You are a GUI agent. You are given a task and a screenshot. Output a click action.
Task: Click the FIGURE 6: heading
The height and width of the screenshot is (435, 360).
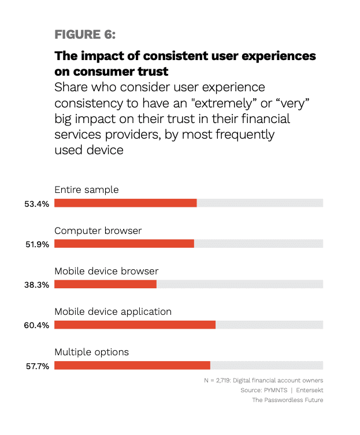85,34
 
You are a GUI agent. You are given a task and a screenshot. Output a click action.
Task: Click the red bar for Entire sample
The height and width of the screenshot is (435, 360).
125,203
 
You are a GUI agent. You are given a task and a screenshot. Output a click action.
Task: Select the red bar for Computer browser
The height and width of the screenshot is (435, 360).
124,243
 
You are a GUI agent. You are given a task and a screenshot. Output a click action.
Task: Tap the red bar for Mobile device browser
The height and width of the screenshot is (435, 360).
105,284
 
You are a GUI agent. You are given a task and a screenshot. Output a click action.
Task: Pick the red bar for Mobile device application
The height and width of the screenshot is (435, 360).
135,325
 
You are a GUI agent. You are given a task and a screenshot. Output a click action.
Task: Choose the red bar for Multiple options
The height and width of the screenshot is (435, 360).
132,365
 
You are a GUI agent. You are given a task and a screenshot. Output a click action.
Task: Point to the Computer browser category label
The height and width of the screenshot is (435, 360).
98,230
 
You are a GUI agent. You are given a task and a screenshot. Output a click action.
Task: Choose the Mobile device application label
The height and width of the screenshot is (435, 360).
113,311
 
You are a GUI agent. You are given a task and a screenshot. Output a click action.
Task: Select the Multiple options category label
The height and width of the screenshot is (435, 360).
91,352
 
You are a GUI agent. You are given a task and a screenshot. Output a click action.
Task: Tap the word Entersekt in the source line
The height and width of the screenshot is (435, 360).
309,391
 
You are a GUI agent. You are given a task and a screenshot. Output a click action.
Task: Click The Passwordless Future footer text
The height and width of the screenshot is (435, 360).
287,400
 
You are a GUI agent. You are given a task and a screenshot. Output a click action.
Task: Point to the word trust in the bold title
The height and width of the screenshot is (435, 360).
151,72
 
